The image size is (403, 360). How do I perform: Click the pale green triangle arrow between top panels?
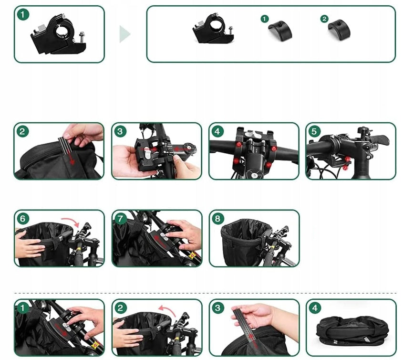pos(124,34)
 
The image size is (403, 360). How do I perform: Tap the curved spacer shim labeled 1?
pos(280,30)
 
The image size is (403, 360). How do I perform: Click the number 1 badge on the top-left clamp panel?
pos(23,15)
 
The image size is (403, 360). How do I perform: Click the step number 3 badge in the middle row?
pos(120,131)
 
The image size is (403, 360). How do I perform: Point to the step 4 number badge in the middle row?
pos(217,131)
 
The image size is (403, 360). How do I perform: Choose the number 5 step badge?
pos(314,131)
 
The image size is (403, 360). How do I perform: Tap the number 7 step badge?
pos(120,219)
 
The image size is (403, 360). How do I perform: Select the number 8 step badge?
pos(217,219)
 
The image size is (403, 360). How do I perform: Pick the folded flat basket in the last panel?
pos(352,331)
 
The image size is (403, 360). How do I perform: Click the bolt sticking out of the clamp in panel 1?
pos(82,38)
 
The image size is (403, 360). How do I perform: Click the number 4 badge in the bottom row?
pos(315,308)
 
